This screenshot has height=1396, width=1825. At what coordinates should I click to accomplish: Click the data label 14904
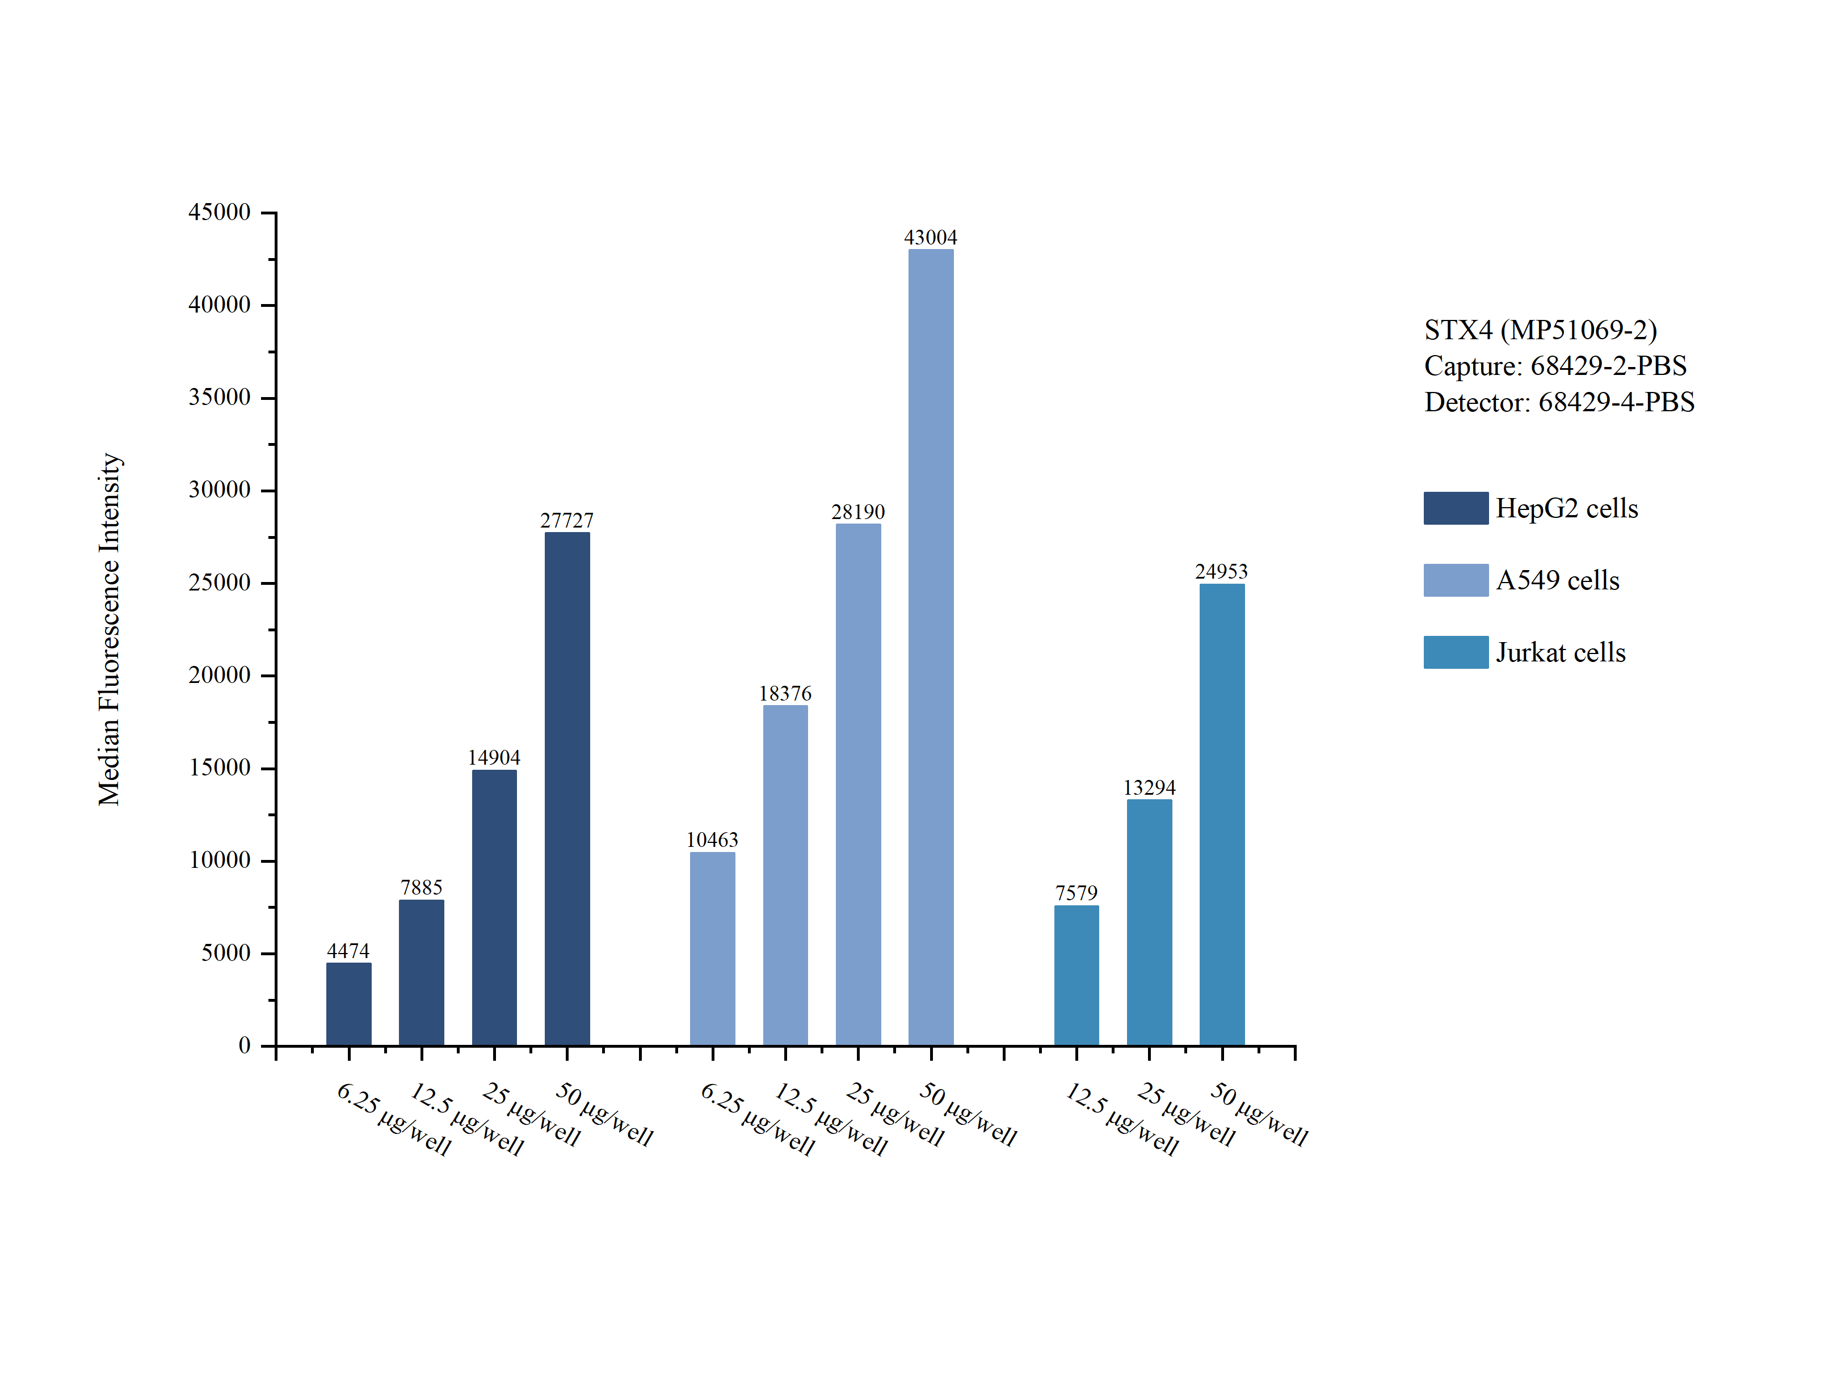click(494, 757)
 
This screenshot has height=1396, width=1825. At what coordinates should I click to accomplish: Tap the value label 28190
click(857, 512)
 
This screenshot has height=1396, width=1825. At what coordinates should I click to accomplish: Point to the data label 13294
click(1149, 787)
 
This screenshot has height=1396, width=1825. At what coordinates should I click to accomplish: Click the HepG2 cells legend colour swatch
click(1455, 508)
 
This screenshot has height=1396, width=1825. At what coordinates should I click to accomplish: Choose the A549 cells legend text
click(1557, 580)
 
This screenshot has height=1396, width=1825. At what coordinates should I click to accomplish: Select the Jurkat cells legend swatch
click(1455, 652)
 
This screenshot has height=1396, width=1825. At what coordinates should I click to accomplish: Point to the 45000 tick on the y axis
click(220, 212)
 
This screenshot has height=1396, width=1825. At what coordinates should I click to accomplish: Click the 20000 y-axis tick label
click(220, 674)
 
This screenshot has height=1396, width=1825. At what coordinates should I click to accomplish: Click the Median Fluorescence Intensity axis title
click(110, 629)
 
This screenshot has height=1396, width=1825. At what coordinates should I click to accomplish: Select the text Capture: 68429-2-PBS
click(1555, 366)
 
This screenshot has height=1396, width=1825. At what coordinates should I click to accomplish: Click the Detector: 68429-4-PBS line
click(1559, 402)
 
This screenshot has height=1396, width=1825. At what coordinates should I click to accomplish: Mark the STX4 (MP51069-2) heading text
click(1540, 330)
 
